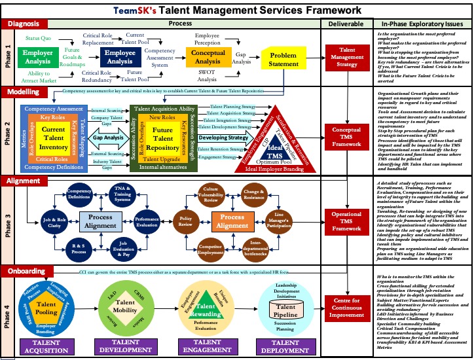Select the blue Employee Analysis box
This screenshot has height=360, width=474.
(120, 57)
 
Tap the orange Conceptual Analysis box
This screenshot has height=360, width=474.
(208, 57)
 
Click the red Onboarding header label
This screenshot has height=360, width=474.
(26, 270)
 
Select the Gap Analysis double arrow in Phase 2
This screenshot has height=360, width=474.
(109, 139)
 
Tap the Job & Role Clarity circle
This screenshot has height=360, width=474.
(54, 221)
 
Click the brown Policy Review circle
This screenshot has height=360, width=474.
(186, 221)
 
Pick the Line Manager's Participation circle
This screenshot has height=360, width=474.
(279, 221)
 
